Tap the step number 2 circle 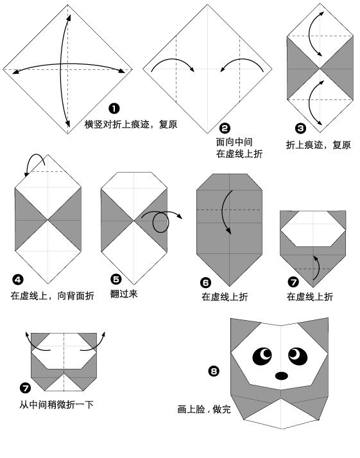[x=224, y=128]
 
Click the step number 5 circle [x=116, y=279]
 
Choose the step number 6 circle [x=205, y=281]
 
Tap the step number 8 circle [x=214, y=371]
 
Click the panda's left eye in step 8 [x=264, y=355]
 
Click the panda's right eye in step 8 [x=296, y=353]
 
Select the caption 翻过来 [x=124, y=294]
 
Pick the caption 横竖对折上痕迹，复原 [x=131, y=124]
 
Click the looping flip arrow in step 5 [x=160, y=222]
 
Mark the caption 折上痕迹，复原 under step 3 [x=319, y=145]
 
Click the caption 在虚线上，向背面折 [x=52, y=296]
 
